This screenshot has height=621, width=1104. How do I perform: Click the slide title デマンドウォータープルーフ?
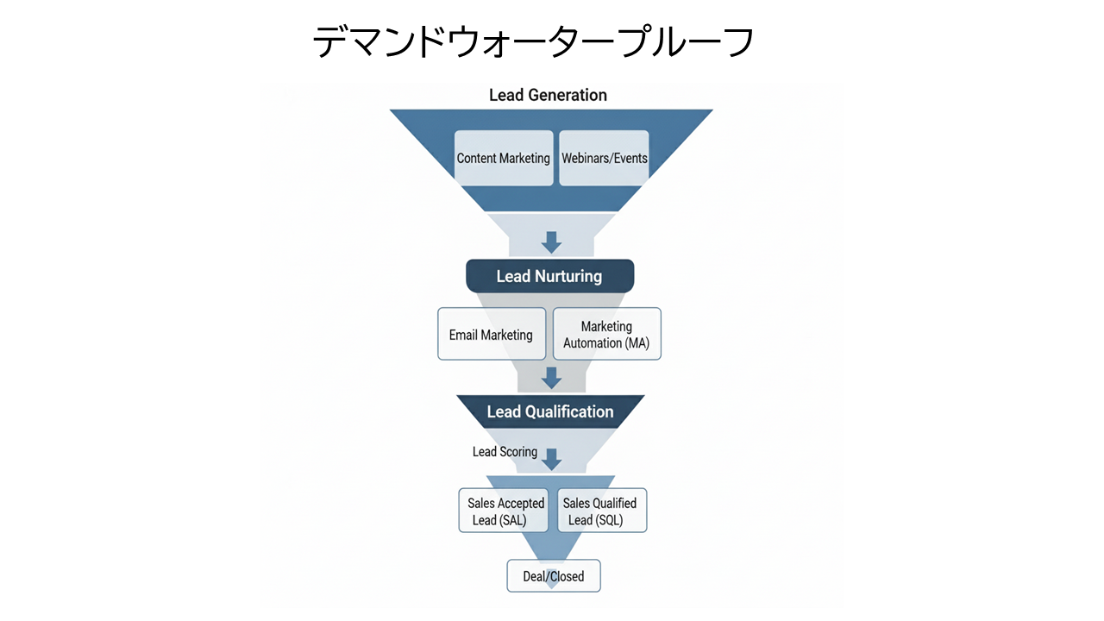coord(533,41)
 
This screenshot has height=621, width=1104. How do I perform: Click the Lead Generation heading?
coord(548,95)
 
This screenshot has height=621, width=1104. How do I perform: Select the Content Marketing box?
coord(504,158)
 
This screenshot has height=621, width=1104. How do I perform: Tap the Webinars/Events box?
coord(604,158)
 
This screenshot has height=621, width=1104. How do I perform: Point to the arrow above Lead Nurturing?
coord(551,242)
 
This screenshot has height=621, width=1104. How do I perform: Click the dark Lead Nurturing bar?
coord(549,276)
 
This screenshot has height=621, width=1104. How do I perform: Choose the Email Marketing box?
coord(492,335)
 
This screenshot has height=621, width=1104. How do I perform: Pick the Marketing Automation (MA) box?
coord(606,335)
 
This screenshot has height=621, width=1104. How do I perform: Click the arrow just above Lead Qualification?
coord(551,378)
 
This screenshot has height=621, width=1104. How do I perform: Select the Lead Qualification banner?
coord(550,411)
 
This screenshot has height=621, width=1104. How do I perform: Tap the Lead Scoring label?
coord(505,452)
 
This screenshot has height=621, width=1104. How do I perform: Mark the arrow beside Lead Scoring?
coord(551,458)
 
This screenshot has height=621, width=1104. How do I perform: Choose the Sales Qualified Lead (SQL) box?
coord(599,511)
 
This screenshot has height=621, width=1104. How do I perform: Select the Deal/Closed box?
coord(554,576)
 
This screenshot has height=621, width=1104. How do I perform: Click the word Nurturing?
coord(568,277)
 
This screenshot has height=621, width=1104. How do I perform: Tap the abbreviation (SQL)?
coord(608,520)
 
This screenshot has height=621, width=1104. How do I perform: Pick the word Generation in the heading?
coord(568,95)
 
